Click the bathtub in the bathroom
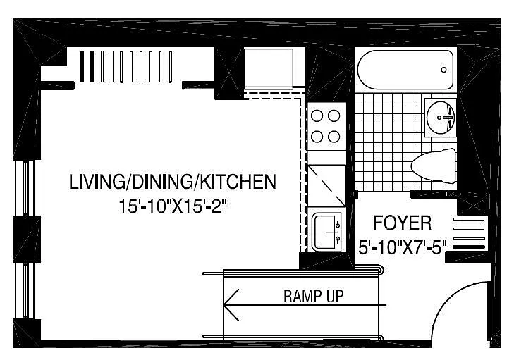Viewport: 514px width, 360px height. point(405,70)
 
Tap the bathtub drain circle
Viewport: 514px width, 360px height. point(443,70)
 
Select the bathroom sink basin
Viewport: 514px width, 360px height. point(440,117)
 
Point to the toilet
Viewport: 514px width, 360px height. point(434,166)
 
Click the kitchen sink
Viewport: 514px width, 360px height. point(327,232)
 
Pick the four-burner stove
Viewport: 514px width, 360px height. point(326,126)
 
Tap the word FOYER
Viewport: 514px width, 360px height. point(402,223)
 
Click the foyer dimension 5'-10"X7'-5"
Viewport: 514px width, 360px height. point(403,247)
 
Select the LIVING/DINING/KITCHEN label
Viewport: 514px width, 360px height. point(173,182)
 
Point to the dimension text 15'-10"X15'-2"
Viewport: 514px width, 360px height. point(173,206)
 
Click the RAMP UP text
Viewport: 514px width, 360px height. point(313,296)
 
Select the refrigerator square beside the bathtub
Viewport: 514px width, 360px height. point(269,68)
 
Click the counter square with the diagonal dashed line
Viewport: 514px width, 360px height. point(326,185)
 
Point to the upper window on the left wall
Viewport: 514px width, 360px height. point(25,187)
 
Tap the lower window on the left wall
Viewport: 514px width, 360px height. point(25,290)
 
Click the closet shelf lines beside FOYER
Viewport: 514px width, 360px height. point(469,233)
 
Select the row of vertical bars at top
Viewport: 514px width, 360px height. point(126,66)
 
